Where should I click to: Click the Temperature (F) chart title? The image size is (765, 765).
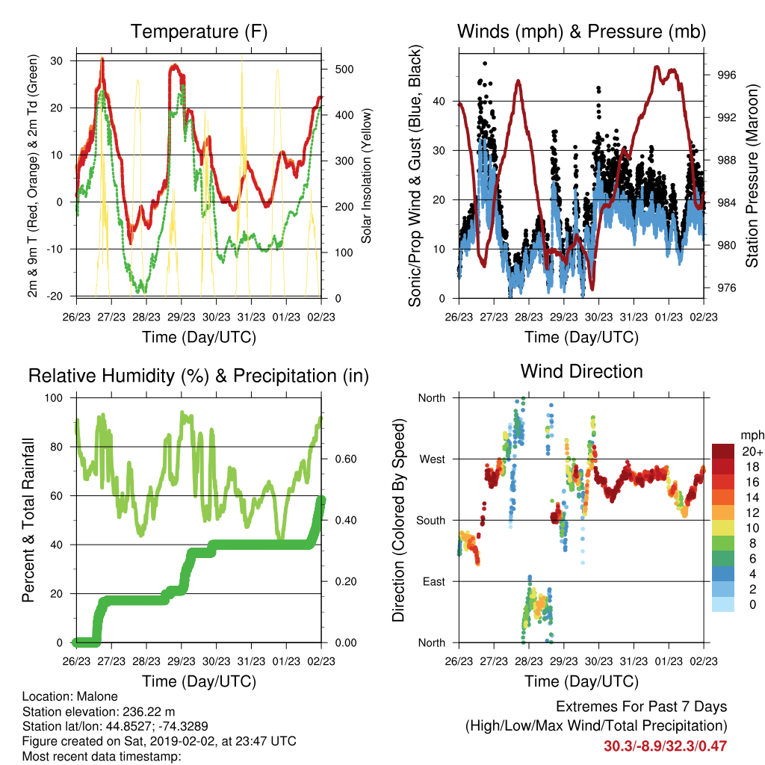tap(199, 31)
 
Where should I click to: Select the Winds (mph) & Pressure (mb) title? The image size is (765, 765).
tap(581, 31)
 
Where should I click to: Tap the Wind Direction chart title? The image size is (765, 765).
tap(581, 371)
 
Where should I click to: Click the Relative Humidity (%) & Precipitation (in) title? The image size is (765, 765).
tap(199, 377)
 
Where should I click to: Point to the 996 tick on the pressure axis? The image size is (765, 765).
tap(726, 75)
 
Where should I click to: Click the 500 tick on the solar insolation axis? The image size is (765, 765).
tap(344, 69)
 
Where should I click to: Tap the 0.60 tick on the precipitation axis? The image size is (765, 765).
tap(346, 459)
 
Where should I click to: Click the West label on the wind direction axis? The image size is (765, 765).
tap(433, 459)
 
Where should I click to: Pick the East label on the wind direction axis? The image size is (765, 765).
tap(434, 581)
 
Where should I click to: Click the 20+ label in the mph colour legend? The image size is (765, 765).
tap(752, 451)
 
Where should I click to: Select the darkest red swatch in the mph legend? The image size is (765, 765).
tap(723, 451)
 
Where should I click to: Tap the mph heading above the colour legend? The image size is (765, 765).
tap(752, 436)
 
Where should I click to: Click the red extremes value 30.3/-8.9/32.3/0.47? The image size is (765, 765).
tap(665, 746)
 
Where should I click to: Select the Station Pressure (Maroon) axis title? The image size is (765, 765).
tap(752, 176)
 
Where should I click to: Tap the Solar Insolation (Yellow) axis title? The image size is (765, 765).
tap(366, 176)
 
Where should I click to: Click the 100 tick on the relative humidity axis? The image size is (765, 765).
tap(54, 398)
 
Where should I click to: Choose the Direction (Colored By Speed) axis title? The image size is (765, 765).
tap(399, 520)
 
